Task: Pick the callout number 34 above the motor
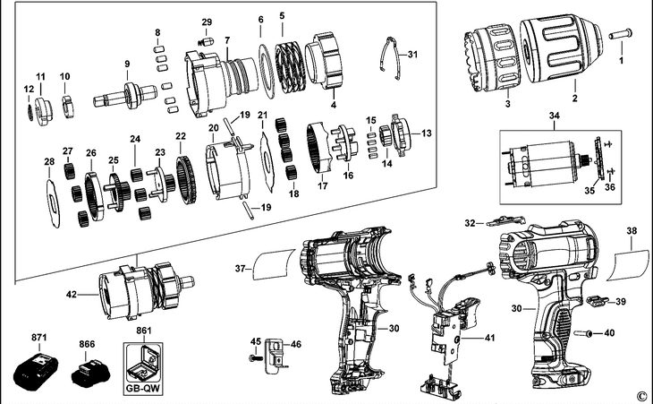554,116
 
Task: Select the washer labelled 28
50,196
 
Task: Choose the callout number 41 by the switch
488,338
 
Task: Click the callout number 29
207,21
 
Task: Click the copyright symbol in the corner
640,394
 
